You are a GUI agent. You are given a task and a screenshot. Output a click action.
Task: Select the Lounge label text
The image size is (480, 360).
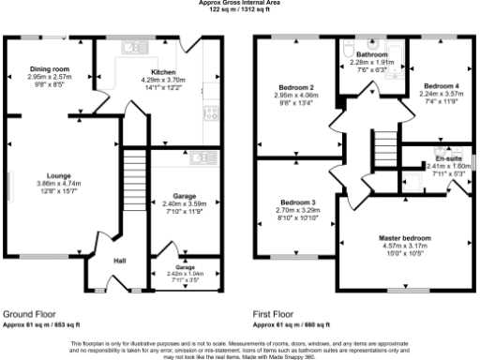(x=59, y=175)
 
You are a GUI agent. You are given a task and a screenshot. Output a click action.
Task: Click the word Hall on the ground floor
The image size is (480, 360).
(x=120, y=261)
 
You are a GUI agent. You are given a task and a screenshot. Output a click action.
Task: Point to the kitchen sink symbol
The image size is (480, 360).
(x=130, y=45)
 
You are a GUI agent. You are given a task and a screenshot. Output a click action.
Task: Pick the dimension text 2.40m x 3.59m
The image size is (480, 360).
(x=184, y=203)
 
